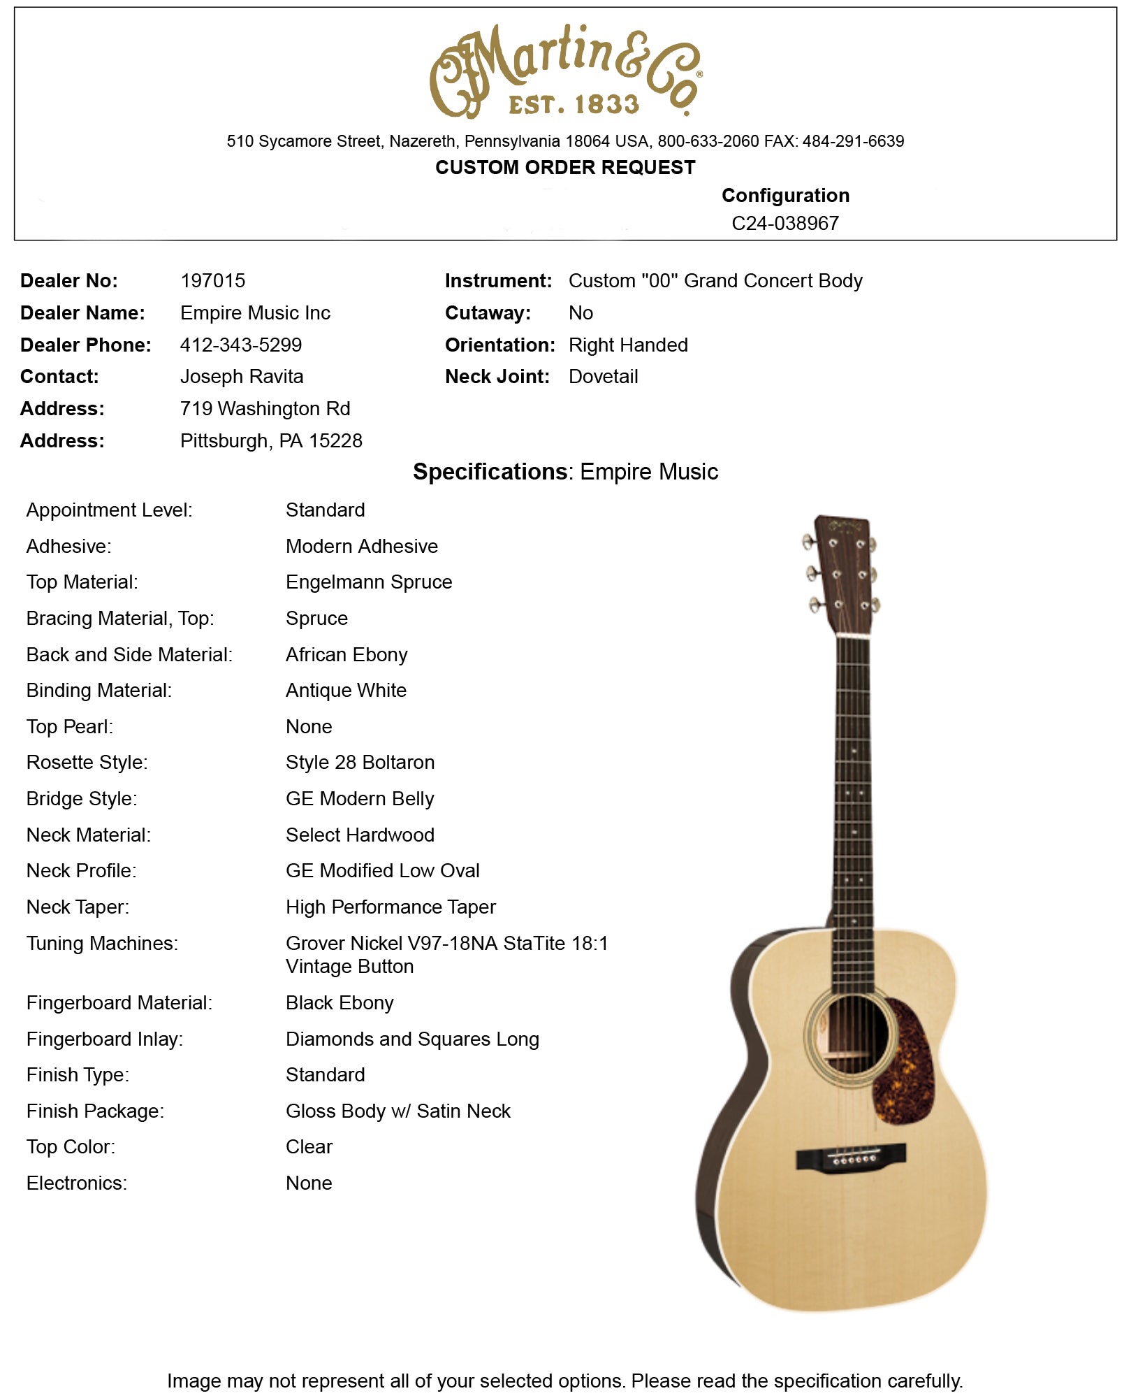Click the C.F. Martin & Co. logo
564,71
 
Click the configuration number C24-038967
784,223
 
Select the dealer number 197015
212,280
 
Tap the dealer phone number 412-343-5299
240,345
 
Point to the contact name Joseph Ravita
241,376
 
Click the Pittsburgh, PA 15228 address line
270,440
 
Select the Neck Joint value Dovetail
603,376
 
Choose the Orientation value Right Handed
627,345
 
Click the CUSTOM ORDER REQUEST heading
564,168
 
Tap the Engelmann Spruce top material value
368,582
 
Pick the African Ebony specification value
346,654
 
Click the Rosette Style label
87,762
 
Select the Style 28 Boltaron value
359,762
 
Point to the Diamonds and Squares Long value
411,1039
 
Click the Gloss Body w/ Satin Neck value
397,1111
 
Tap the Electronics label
76,1183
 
